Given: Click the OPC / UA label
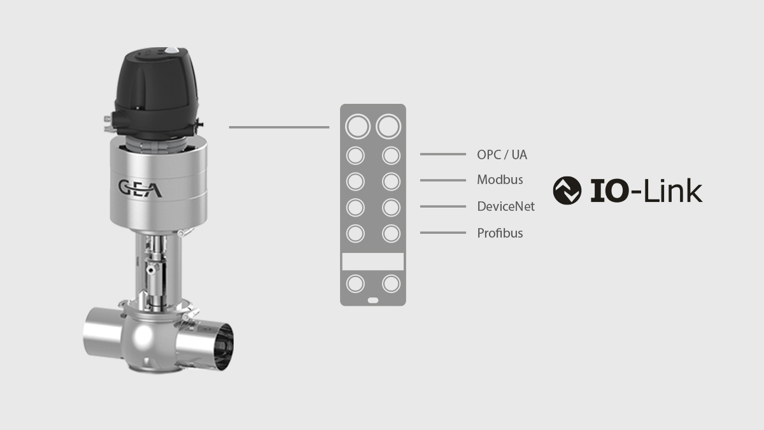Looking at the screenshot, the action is click(x=502, y=155).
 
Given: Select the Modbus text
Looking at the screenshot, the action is click(x=500, y=180).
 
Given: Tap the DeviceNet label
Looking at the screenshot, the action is click(x=506, y=206).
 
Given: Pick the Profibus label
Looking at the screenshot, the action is click(x=500, y=233).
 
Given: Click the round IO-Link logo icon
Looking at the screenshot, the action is click(x=567, y=190).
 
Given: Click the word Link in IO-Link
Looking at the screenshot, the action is click(x=672, y=190).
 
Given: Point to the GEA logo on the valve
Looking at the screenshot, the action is click(x=140, y=189).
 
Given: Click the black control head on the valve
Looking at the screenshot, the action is click(x=156, y=93).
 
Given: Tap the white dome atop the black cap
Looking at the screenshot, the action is click(x=171, y=50).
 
